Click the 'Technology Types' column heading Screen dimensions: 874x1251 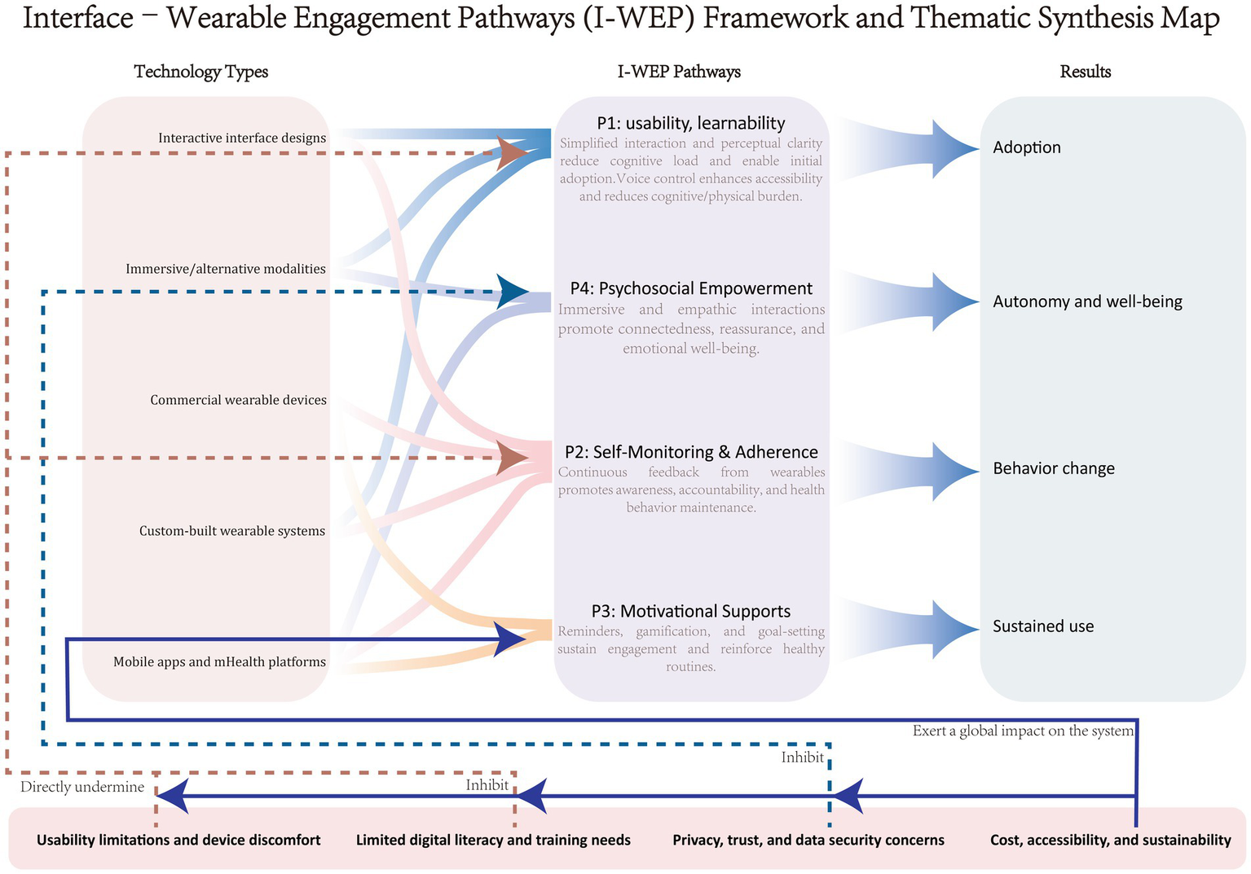(x=200, y=72)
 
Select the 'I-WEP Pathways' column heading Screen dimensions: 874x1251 (x=679, y=72)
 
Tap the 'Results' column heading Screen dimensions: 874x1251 (x=1085, y=72)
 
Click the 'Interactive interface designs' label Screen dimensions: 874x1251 (x=242, y=138)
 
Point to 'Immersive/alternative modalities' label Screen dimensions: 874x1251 (x=226, y=269)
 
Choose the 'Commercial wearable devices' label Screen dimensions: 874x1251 (x=238, y=400)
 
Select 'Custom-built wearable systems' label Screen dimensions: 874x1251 (x=232, y=531)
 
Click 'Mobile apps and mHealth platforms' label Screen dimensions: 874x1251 (x=219, y=661)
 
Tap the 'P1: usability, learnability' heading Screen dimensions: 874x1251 (x=691, y=123)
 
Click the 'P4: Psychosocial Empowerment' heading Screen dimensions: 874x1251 (x=691, y=288)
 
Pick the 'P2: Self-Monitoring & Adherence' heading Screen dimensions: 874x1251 (x=691, y=452)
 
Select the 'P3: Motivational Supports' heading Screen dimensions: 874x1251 (x=691, y=611)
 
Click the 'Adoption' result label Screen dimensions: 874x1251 (x=1027, y=147)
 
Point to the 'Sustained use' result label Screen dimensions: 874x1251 (x=1043, y=626)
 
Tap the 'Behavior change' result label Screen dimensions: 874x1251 (x=1054, y=468)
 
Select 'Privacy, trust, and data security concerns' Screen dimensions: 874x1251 (x=808, y=840)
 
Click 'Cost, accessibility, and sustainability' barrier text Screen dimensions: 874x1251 (x=1110, y=840)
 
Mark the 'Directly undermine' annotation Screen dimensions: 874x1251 (x=82, y=787)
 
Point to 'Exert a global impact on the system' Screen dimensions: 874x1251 (x=1023, y=731)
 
